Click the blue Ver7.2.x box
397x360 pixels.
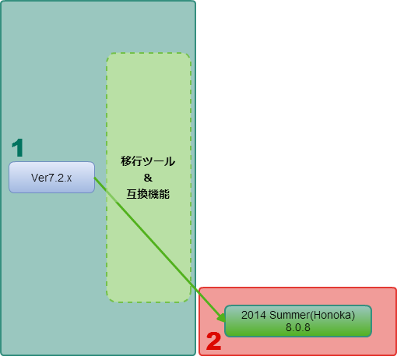[51, 178]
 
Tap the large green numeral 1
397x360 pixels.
[18, 147]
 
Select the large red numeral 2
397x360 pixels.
[213, 341]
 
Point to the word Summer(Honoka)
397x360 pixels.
[312, 316]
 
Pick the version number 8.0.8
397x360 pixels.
[298, 327]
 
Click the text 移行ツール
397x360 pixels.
[148, 161]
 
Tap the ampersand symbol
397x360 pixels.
[148, 178]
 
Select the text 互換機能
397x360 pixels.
[148, 194]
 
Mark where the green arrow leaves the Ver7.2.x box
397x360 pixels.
[94, 178]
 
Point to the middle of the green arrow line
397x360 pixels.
[160, 249]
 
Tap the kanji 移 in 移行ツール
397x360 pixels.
[126, 161]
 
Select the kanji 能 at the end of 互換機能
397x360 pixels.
[164, 194]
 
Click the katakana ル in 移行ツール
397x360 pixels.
[170, 161]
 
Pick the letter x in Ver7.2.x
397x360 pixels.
[69, 178]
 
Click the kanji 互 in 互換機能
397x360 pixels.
[132, 194]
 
